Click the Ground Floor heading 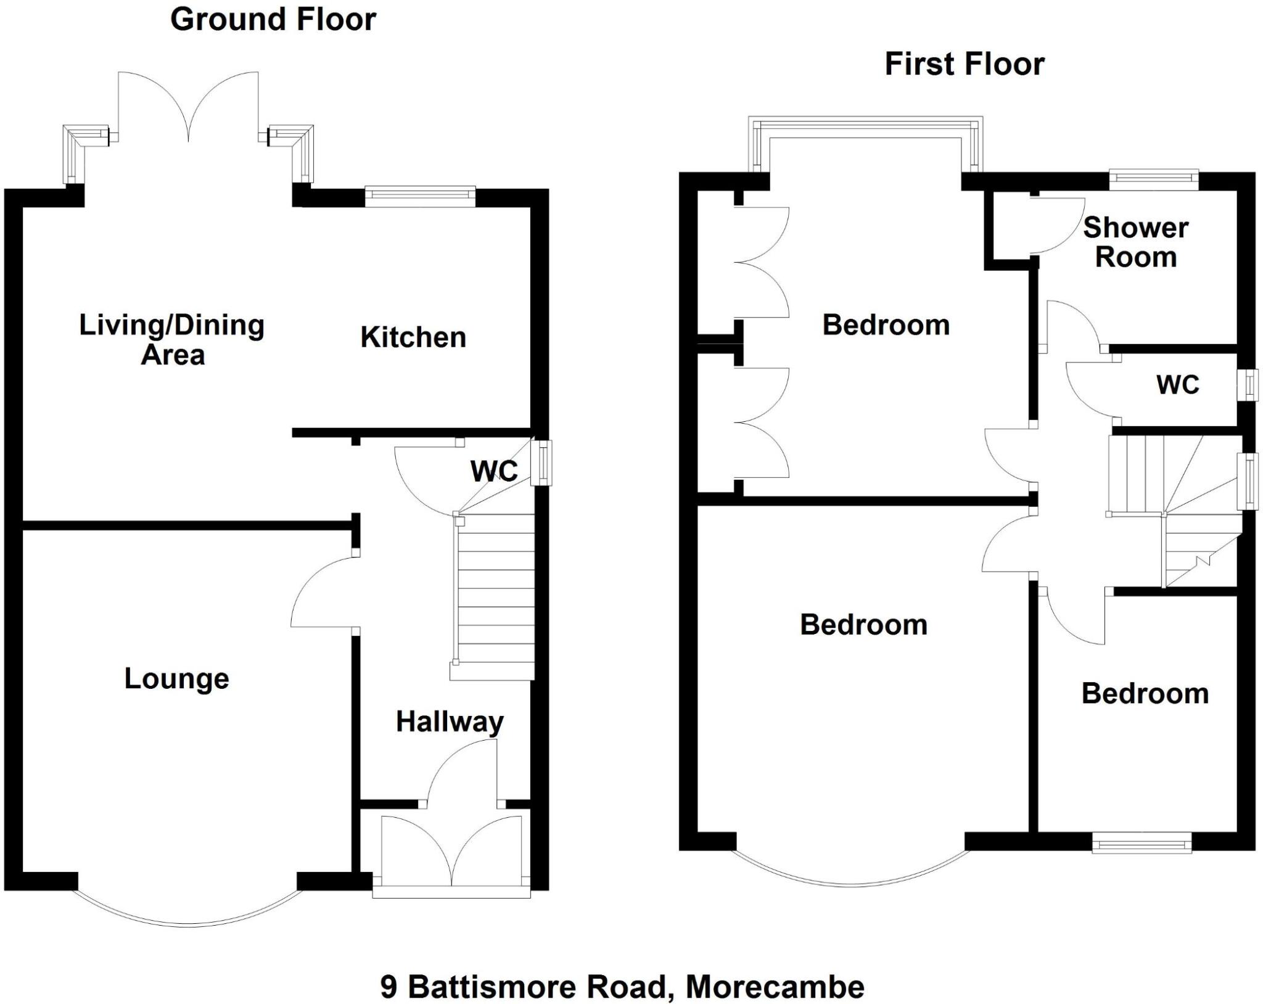[273, 20]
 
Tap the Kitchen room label [413, 337]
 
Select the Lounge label [176, 678]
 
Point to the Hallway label [449, 722]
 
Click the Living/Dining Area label [172, 340]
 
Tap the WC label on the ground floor [494, 471]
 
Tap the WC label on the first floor [1177, 384]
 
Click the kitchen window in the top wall [420, 196]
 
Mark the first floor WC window [1248, 385]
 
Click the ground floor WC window [542, 463]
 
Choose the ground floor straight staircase [495, 595]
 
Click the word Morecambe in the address [775, 987]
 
